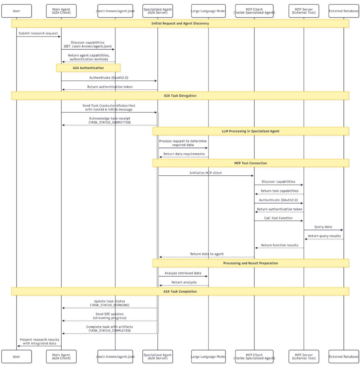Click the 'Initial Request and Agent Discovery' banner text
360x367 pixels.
click(180, 23)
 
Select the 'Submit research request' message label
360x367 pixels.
click(38, 33)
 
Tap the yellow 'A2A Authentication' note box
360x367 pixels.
click(88, 68)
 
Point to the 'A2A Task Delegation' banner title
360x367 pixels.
click(180, 96)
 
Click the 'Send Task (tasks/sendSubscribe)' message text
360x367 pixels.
click(109, 105)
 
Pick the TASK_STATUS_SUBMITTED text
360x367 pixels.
click(110, 122)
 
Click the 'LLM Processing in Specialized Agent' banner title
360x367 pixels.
click(250, 131)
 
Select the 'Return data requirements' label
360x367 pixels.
click(184, 154)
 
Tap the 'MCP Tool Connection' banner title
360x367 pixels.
click(250, 163)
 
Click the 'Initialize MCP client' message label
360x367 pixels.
click(206, 173)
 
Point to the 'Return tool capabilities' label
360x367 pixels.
click(280, 191)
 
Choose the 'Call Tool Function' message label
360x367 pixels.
click(278, 218)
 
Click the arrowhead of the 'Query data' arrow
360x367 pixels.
click(342, 230)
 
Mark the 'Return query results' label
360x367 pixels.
click(324, 236)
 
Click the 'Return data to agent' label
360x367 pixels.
click(207, 254)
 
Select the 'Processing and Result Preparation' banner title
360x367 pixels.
click(250, 263)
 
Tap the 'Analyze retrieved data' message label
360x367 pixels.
click(183, 273)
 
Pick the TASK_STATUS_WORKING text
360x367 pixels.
click(110, 305)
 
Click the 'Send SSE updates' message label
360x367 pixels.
click(110, 314)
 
